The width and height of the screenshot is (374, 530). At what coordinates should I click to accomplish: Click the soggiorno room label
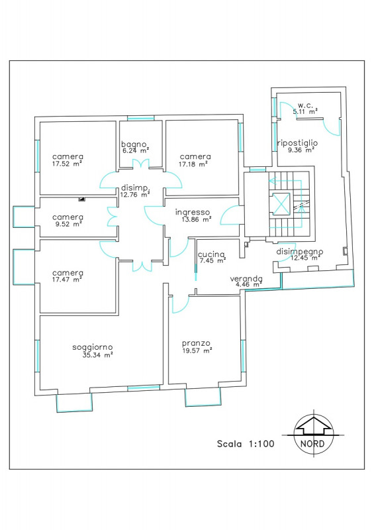[x=92, y=347]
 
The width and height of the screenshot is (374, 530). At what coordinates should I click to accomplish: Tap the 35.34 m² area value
[x=98, y=355]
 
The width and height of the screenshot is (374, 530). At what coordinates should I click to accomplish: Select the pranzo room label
[x=196, y=344]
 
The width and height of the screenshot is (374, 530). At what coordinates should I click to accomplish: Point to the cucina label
[x=211, y=254]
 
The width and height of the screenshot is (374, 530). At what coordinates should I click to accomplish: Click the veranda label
[x=246, y=279]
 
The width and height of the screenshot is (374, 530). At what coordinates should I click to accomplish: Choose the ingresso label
[x=192, y=213]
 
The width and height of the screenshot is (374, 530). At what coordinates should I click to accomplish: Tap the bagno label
[x=134, y=144]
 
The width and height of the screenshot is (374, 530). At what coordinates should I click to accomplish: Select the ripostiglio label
[x=297, y=143]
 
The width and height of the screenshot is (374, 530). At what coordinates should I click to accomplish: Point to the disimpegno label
[x=300, y=252]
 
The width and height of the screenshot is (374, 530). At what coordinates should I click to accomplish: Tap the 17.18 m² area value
[x=193, y=164]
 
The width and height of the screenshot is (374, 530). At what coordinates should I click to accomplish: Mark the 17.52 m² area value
[x=68, y=164]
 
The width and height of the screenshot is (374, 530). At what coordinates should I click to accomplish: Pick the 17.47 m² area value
[x=68, y=280]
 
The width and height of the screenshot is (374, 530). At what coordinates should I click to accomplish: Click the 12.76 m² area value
[x=135, y=194]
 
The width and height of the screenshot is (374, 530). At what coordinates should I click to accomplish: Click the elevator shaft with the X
[x=281, y=203]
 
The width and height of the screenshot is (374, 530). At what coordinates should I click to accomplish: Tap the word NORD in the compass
[x=312, y=443]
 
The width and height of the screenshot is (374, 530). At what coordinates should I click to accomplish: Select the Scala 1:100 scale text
[x=246, y=444]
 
